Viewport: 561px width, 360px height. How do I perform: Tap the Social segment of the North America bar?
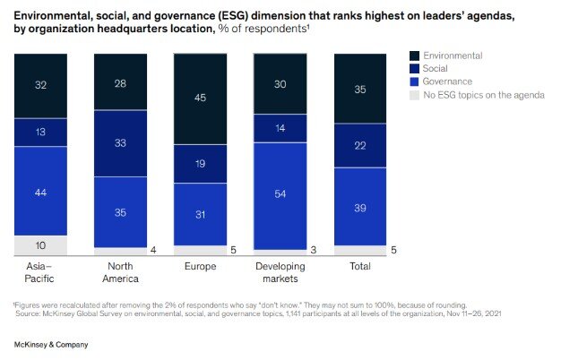coord(120,143)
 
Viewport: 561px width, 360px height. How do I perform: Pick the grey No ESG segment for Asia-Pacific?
coord(41,245)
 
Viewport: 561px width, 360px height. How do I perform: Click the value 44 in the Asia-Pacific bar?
coord(41,191)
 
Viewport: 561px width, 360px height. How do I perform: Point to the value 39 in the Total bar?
coord(359,206)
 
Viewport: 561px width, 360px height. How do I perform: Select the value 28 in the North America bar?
coord(120,82)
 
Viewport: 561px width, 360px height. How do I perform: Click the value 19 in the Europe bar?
coord(200,164)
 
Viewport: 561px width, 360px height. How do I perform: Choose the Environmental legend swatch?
coord(413,56)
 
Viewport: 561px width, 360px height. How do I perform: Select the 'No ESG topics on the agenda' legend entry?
coord(485,95)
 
